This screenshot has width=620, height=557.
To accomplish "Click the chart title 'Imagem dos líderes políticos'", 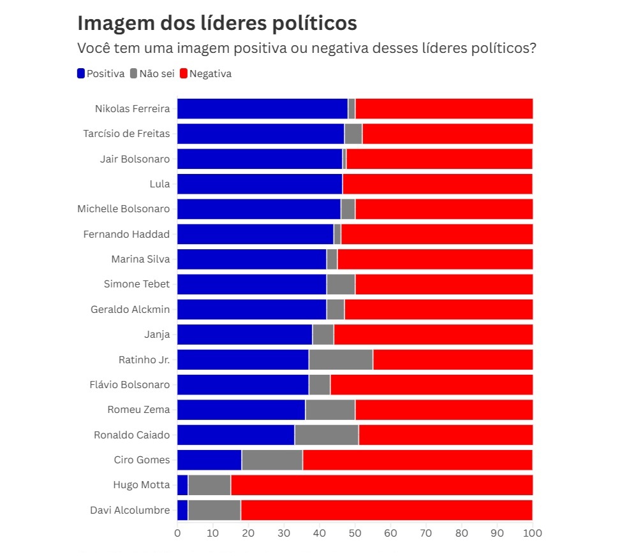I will coord(217,23).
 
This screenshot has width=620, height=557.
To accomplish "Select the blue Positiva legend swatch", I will coord(81,74).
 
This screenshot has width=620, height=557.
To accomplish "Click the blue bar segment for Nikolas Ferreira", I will coord(262,108).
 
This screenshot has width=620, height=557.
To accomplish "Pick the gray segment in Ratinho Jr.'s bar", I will coord(341,359).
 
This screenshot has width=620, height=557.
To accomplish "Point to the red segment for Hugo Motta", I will coord(381,485).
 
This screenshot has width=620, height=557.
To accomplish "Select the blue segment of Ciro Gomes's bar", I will coord(209,460).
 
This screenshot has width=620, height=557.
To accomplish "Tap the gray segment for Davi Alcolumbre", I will coord(214,510).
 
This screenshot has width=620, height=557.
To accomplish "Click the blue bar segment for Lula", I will coord(260,184).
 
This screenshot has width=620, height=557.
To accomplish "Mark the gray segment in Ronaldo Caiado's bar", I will coord(327,435).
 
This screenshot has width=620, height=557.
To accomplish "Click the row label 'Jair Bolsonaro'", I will coord(135,159).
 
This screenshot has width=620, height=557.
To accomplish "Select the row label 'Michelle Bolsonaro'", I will coord(124,209).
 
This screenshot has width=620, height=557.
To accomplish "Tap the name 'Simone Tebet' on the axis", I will coord(137,284).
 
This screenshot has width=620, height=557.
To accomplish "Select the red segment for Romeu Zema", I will coord(443,410).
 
